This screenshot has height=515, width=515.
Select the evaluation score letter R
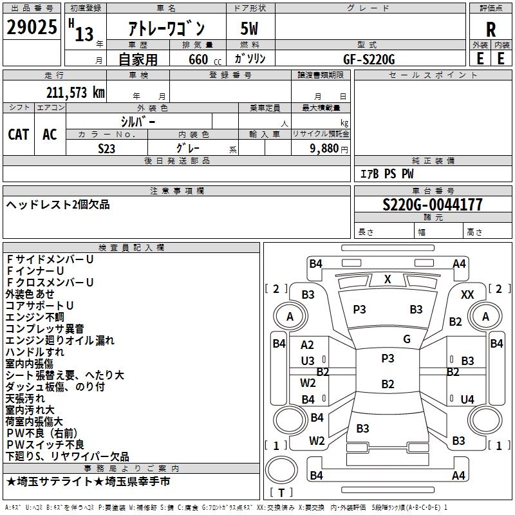491,29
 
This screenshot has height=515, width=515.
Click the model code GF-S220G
369,59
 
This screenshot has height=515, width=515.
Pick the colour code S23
107,148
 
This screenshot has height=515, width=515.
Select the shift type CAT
19,134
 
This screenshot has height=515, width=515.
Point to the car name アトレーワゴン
167,28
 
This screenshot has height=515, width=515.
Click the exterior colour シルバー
138,121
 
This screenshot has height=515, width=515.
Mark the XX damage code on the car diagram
467,294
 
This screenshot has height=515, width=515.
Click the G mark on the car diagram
406,339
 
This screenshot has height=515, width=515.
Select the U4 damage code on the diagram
467,399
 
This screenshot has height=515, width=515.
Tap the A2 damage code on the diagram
308,346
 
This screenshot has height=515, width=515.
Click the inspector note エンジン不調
35,317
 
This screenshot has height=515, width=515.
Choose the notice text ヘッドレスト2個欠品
58,205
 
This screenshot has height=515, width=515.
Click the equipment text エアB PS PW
386,174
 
